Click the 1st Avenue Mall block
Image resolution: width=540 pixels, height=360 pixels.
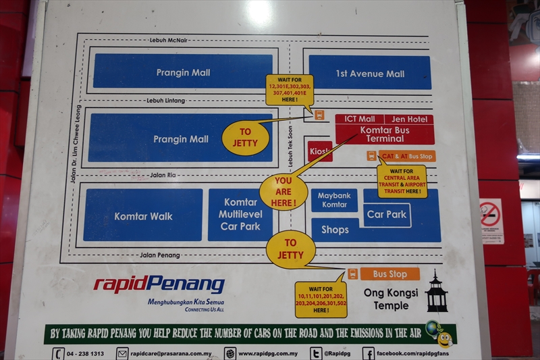[370, 73]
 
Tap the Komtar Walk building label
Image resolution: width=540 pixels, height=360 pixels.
[143, 216]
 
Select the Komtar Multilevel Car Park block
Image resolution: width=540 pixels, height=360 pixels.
[240, 214]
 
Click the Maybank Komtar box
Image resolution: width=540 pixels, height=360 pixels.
[334, 200]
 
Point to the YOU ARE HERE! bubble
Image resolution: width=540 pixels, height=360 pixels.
[283, 192]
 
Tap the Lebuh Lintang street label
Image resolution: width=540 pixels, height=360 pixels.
[165, 101]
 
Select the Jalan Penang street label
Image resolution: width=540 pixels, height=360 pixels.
[159, 255]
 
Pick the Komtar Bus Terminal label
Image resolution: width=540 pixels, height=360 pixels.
[385, 134]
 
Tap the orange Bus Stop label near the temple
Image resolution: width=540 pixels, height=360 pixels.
[389, 274]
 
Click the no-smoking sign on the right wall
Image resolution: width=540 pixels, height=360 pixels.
[491, 220]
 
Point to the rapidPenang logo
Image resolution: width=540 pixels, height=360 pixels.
[159, 284]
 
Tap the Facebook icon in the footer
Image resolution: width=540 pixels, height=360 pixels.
[369, 353]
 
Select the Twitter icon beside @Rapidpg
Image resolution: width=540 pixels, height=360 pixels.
[316, 353]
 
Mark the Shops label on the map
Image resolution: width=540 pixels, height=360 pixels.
[335, 230]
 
